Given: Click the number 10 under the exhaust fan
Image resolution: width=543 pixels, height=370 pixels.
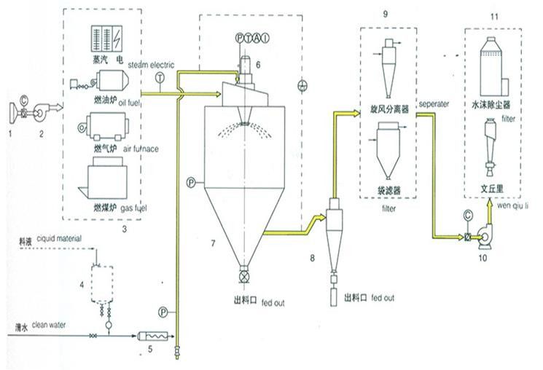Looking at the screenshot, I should point(483,256).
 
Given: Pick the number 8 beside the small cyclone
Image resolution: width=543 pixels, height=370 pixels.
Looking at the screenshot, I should point(313,257).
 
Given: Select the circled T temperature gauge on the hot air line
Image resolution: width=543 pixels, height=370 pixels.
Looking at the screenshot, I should point(159,78).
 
